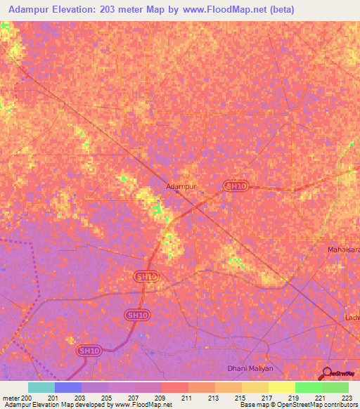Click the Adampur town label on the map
(181, 187)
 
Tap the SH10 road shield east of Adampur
(236, 186)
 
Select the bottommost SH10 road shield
(88, 350)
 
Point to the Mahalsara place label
(344, 249)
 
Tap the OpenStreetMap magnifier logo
(327, 374)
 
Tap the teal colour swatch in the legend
(41, 387)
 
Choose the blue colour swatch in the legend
(68, 387)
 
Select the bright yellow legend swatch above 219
(282, 387)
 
